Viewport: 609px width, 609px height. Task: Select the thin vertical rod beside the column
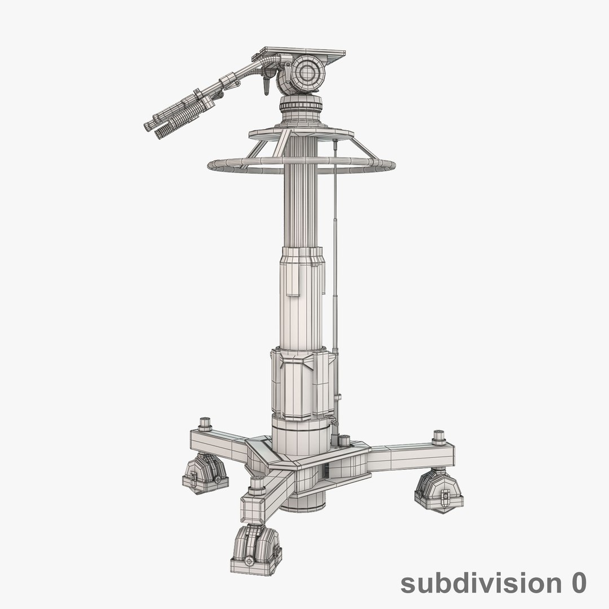tap(335, 254)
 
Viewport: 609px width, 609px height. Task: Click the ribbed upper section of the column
tap(302, 209)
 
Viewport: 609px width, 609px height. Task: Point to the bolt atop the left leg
tap(205, 423)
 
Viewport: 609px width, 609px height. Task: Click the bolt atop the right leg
tap(439, 438)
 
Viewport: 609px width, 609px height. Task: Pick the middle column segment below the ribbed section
tap(302, 296)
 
